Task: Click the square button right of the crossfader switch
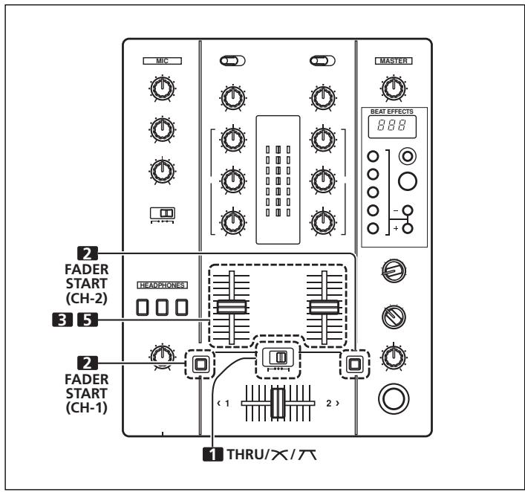click(353, 364)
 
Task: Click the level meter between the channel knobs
click(278, 181)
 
